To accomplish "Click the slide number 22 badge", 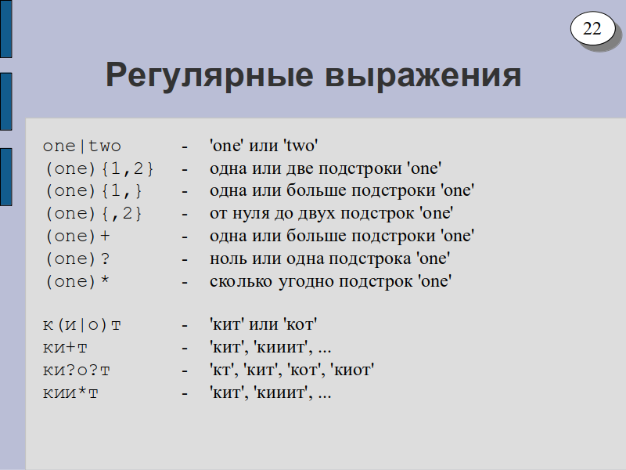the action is click(592, 28).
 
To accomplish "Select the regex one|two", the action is click(82, 146).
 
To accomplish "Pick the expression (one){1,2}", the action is click(99, 169).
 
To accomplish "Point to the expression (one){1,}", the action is click(94, 191).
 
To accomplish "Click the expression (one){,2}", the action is click(94, 214).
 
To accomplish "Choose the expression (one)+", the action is click(77, 237).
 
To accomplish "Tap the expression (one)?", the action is click(77, 259).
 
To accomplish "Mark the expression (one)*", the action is click(77, 282).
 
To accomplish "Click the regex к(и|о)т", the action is click(82, 325).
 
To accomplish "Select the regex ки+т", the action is click(65, 348).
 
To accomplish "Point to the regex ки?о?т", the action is click(76, 371).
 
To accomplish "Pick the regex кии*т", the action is click(70, 393).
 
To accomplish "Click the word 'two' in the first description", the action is click(301, 146).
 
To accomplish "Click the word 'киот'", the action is click(352, 370).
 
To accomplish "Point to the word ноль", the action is click(227, 258).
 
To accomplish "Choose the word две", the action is click(300, 169).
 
